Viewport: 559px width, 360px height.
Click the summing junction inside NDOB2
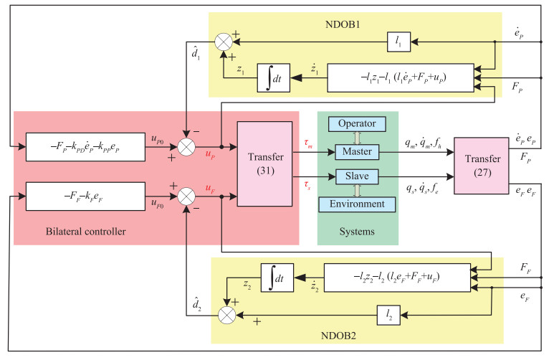tap(229, 313)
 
